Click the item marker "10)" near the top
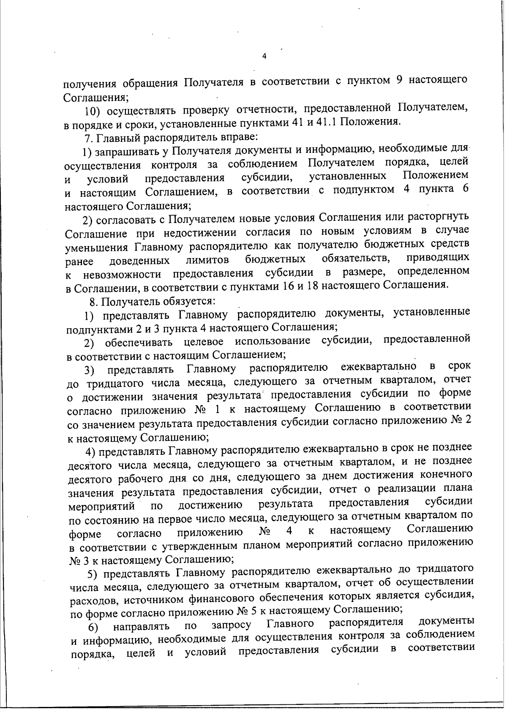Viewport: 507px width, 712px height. [92, 111]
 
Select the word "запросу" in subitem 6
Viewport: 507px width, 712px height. [230, 625]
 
